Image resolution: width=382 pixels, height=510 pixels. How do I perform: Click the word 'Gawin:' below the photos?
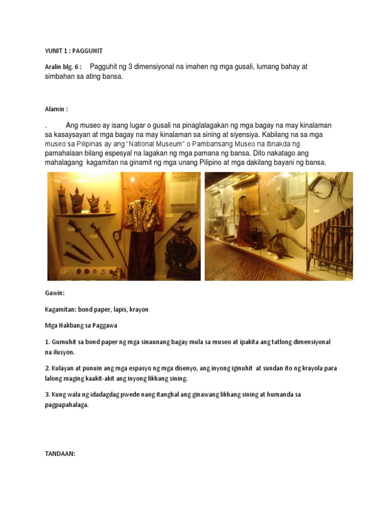(x=55, y=293)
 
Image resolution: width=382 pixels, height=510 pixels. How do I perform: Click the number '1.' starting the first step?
(x=47, y=342)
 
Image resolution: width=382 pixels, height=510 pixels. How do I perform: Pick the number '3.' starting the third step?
(x=47, y=394)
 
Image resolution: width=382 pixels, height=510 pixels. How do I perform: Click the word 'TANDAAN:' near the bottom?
(x=60, y=454)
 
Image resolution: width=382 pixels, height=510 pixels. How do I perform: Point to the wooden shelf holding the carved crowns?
(x=82, y=214)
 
